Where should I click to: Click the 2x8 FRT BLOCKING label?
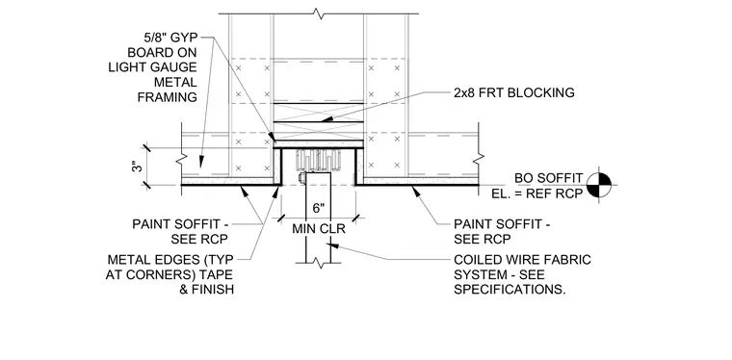coord(514,92)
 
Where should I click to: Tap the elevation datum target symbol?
coord(599,185)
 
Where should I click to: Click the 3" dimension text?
coord(136,167)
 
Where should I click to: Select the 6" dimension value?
coord(319,208)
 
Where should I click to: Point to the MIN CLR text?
coord(319,229)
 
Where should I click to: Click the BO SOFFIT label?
coord(549,178)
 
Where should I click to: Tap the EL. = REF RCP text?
coord(537,193)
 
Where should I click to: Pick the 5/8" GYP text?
coord(170,38)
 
